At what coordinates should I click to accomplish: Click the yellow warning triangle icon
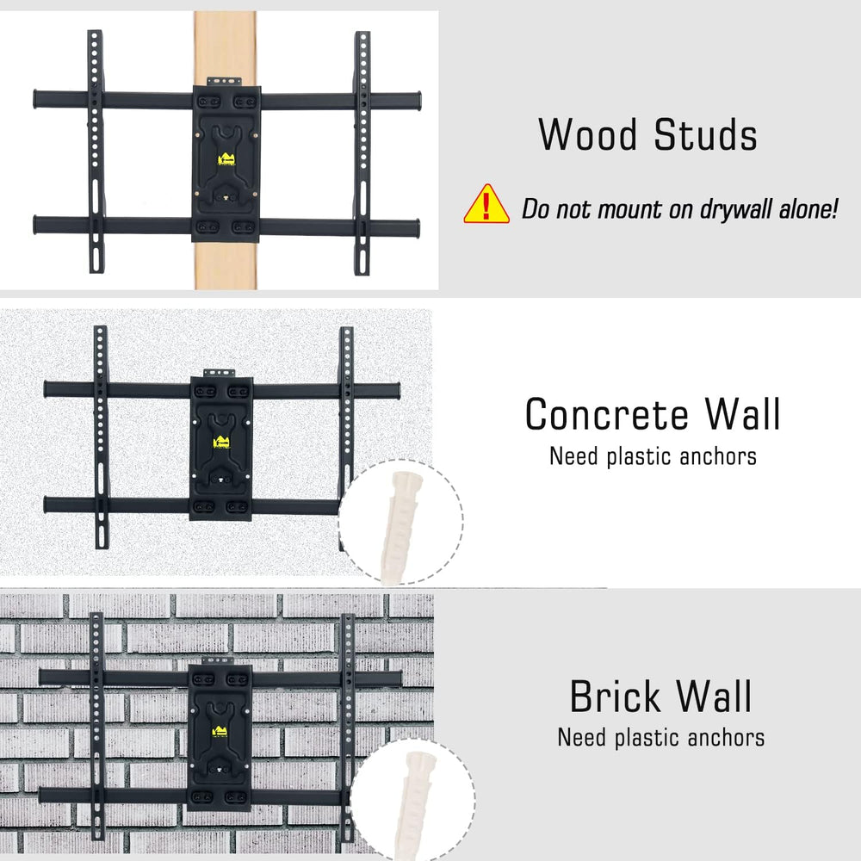[x=486, y=205]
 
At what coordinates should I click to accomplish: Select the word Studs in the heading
[x=706, y=134]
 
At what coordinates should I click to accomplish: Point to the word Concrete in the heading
[x=607, y=415]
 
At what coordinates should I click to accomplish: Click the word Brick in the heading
[x=615, y=697]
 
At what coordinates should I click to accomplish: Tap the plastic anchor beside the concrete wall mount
[x=401, y=525]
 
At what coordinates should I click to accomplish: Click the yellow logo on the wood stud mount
[x=226, y=160]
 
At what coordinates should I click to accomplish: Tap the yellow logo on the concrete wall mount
[x=221, y=442]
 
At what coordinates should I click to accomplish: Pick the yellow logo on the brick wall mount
[x=220, y=732]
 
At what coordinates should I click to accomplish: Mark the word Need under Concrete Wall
[x=573, y=457]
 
